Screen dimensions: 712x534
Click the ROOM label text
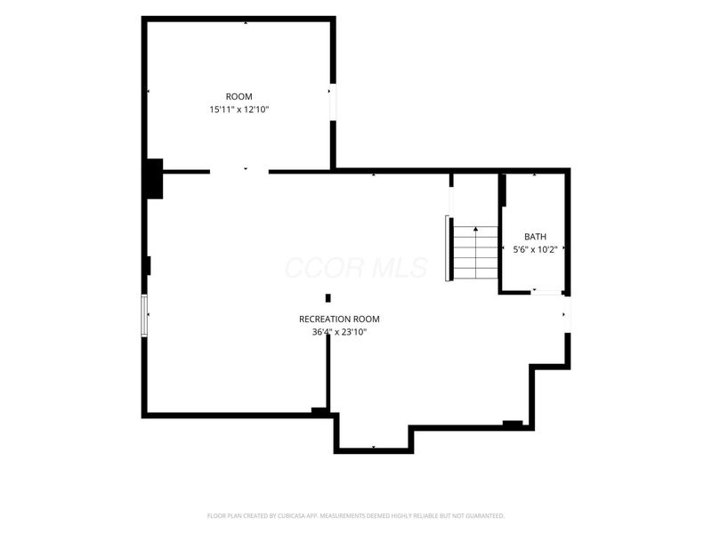(x=239, y=97)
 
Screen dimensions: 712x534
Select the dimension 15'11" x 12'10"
(x=239, y=109)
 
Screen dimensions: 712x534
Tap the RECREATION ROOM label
(x=339, y=320)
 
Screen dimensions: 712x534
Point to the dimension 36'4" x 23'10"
(x=339, y=332)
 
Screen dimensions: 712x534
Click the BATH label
(x=536, y=237)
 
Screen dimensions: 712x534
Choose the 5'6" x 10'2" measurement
(x=535, y=249)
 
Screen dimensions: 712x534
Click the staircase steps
(x=475, y=253)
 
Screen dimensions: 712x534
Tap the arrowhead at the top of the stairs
(x=475, y=229)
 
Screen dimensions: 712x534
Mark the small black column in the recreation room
(x=328, y=298)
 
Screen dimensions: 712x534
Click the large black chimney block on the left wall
(x=154, y=179)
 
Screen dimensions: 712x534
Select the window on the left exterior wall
(x=144, y=316)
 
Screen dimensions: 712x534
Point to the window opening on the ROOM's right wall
(x=333, y=102)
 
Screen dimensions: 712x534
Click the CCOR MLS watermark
(x=356, y=268)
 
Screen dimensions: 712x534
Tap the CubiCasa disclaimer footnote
(x=355, y=516)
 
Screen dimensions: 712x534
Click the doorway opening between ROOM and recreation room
(x=239, y=172)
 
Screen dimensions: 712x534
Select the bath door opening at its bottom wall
(x=546, y=293)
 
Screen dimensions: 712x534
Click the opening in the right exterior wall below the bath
(x=567, y=314)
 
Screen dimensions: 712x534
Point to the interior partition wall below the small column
(x=328, y=372)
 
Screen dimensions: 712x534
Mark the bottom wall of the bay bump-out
(x=374, y=450)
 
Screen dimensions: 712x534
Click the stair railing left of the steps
(x=449, y=249)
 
